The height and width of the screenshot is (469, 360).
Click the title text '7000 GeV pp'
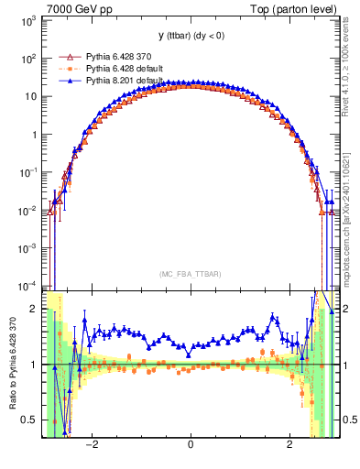(74, 8)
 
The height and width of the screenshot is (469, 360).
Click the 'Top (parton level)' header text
(298, 8)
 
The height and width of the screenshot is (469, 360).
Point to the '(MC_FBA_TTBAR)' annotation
(190, 273)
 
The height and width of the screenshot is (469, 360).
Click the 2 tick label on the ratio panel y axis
(33, 309)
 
